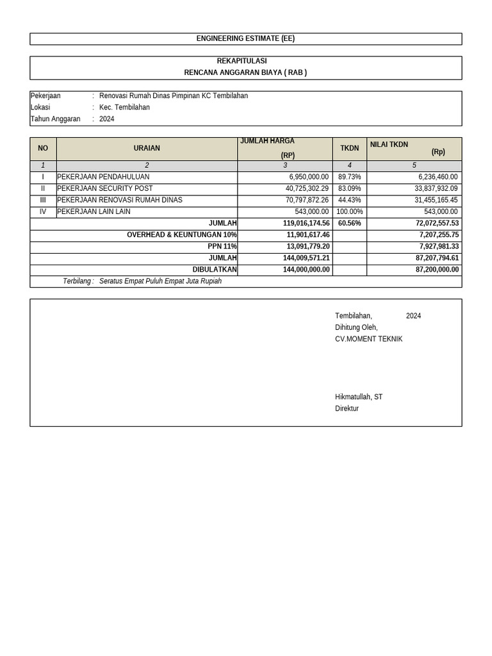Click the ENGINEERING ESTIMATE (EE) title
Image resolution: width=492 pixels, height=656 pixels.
(x=245, y=38)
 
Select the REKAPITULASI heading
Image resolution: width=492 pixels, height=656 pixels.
(x=245, y=61)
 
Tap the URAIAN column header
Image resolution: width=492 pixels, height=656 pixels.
(x=147, y=148)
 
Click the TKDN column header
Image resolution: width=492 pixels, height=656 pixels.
(x=349, y=148)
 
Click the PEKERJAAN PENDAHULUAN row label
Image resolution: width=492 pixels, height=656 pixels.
(x=103, y=177)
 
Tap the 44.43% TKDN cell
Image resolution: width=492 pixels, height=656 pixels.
(x=350, y=200)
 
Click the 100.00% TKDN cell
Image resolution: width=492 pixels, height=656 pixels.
(x=349, y=211)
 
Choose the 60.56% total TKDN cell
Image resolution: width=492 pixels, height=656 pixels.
(x=350, y=223)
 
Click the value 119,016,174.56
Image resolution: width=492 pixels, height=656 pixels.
(x=306, y=223)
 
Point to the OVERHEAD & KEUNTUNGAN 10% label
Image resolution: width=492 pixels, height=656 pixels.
(x=181, y=235)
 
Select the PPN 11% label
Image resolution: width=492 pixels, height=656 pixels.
(x=222, y=247)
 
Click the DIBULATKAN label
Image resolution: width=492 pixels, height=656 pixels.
(x=215, y=270)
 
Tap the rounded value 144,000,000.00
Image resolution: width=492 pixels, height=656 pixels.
(x=306, y=270)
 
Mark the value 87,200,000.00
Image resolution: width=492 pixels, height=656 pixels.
(x=437, y=270)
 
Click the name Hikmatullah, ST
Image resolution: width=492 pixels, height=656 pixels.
(x=359, y=397)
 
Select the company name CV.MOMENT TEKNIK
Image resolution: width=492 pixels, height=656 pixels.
(x=368, y=339)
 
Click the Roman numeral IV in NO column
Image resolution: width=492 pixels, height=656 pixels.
(x=43, y=211)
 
